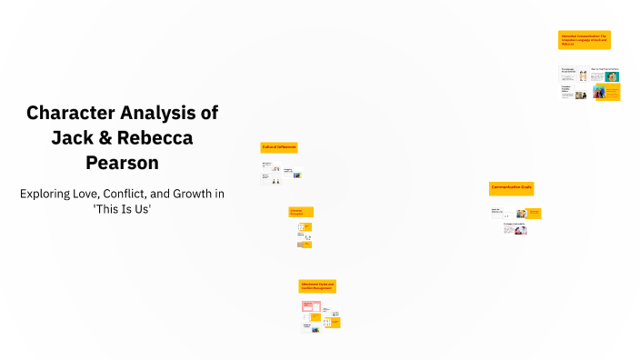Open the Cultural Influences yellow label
279,146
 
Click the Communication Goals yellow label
511,187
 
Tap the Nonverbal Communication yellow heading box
584,40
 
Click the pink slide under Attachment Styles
310,306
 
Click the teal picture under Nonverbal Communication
612,75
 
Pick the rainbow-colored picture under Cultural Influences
296,175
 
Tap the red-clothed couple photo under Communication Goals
519,231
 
